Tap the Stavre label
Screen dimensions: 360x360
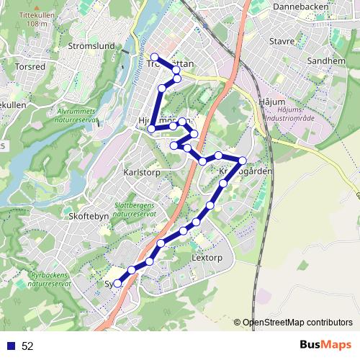pos(282,41)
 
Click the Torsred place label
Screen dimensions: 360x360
pos(30,66)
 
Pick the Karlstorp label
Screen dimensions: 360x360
pos(140,174)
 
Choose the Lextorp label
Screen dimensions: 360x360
pos(209,257)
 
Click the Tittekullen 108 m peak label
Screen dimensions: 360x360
pos(37,19)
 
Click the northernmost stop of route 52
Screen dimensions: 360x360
pos(154,57)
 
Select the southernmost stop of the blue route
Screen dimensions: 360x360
pos(118,284)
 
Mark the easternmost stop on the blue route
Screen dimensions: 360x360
pos(243,161)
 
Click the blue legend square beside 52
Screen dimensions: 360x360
pos(10,346)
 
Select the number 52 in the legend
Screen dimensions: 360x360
pos(27,346)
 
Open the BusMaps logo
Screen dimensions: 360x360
pos(325,345)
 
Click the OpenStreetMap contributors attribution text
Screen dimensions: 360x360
pos(297,323)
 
